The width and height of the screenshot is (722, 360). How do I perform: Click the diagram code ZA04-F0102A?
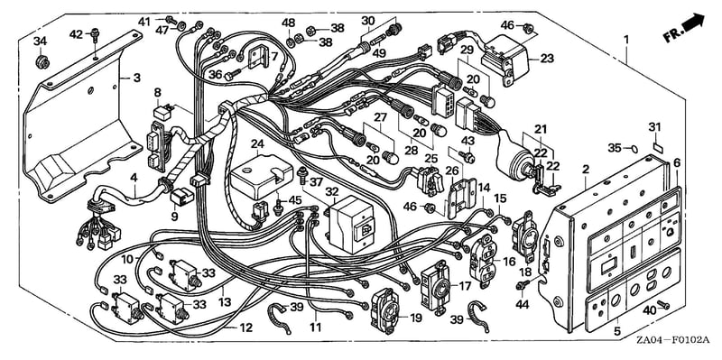point(672,340)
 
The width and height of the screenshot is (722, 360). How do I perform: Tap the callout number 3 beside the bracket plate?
point(137,78)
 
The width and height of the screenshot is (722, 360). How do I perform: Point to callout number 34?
point(40,41)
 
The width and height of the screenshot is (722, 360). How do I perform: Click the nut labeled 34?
point(42,61)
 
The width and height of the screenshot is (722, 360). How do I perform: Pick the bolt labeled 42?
point(96,34)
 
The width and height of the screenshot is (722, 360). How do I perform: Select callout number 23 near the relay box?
point(548,59)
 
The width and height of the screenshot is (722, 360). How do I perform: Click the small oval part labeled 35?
point(634,148)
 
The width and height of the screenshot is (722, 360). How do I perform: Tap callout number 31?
point(655,126)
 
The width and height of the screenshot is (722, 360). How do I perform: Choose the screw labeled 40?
point(664,304)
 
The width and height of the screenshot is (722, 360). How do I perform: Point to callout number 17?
point(465,286)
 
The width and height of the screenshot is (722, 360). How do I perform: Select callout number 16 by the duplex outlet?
point(509,262)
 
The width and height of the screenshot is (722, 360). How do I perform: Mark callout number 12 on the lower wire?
point(246,328)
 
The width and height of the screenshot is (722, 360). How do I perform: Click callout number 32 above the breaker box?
point(331,191)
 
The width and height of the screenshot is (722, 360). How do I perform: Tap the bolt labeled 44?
point(522,285)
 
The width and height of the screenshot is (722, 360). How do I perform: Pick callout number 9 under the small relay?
point(174,216)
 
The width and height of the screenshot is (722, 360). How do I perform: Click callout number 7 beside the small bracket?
point(274,57)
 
